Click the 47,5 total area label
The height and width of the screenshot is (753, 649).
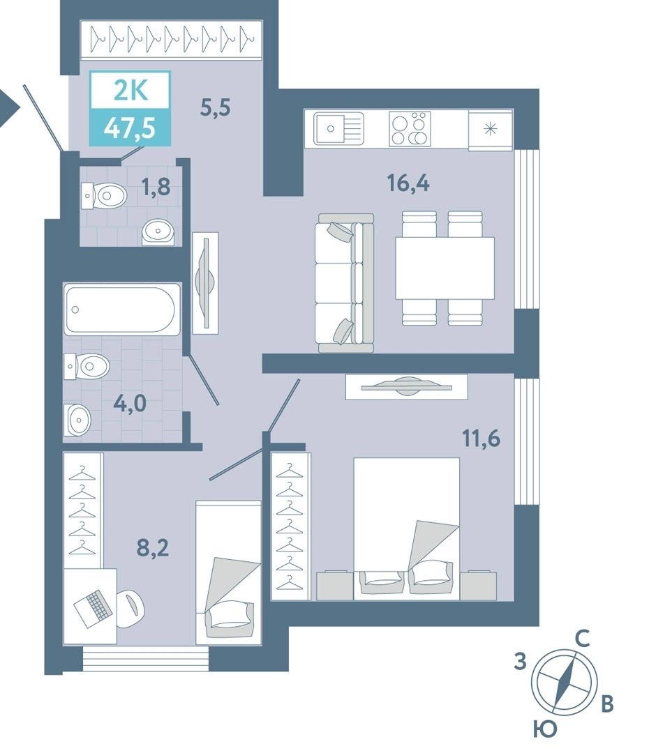pos(130,128)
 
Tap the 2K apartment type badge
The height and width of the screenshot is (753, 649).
pos(130,90)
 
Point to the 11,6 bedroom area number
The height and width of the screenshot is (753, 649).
pos(482,439)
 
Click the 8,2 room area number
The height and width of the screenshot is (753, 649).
pos(153,547)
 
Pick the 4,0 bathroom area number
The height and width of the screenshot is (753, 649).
pos(130,404)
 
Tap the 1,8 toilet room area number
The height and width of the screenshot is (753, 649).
pos(156,186)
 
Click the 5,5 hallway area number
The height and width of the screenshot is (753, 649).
pos(216,107)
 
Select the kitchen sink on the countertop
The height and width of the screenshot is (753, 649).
pos(338,128)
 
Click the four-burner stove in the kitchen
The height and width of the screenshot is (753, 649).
pos(410,128)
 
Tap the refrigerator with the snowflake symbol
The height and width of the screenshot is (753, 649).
pos(491,129)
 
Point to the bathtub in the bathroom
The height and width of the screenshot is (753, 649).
pos(122,310)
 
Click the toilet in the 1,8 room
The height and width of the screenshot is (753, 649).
pos(104,196)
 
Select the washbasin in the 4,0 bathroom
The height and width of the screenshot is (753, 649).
pos(78,420)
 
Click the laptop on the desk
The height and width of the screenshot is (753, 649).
pos(94,608)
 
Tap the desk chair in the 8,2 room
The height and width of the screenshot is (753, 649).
pos(130,608)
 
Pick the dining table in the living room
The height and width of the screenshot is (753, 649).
pos(445,268)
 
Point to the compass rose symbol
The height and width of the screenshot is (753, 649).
pos(565,682)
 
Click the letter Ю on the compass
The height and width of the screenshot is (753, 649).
pos(545,729)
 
